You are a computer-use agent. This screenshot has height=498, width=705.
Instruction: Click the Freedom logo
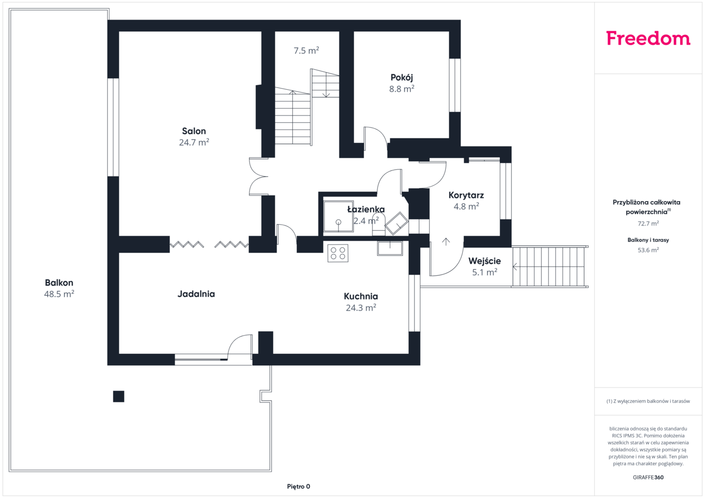(648, 38)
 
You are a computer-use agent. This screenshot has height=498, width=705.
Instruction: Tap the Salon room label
(194, 131)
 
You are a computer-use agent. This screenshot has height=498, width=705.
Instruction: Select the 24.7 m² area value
(194, 143)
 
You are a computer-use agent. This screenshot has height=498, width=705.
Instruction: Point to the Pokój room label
(401, 77)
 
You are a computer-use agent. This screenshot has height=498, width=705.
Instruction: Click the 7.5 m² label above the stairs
(306, 51)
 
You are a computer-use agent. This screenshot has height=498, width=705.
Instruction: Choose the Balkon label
(59, 283)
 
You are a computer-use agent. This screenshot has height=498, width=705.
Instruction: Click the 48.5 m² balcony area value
(59, 294)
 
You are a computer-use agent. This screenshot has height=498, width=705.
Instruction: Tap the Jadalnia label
(196, 294)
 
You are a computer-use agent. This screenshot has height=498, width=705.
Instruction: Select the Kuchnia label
(361, 296)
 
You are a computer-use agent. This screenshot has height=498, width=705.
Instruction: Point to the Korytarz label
(466, 195)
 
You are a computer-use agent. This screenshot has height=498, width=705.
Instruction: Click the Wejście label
(484, 261)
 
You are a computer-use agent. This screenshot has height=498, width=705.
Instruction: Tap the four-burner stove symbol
(338, 253)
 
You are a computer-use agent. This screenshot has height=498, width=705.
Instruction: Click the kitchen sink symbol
(390, 248)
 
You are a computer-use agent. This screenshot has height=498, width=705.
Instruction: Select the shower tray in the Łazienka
(338, 216)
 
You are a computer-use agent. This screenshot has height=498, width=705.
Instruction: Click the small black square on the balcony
(119, 396)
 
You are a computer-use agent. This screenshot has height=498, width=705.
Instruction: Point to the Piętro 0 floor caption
(298, 487)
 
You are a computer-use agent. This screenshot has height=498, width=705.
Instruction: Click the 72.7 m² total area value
(648, 223)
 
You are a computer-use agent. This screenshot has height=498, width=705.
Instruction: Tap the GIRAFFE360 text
(648, 477)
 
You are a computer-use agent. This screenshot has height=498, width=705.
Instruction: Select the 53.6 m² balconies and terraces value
(648, 250)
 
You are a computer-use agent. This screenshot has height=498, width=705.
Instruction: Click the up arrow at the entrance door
(445, 242)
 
